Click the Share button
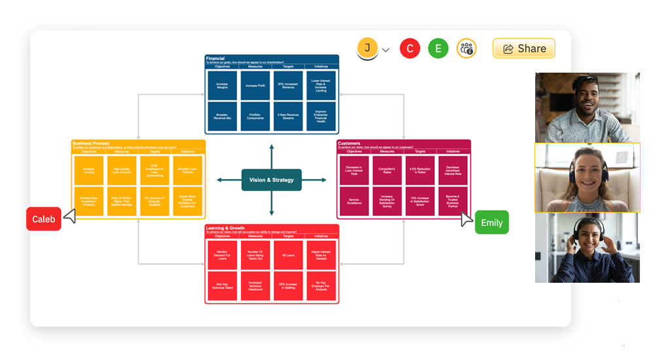coord(523,48)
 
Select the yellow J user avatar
coord(367,48)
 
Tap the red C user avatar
coord(410,48)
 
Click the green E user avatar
coord(438,48)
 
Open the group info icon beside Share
coord(466,48)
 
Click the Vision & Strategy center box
coord(272,180)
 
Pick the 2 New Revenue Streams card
coord(288,116)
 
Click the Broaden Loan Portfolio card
coord(188,170)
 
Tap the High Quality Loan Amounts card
coord(122,170)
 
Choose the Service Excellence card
coord(354,201)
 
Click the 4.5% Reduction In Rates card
coord(420,171)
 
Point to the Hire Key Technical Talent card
coord(222,286)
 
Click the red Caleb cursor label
coord(44,219)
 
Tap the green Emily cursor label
coord(491,223)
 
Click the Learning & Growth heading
coord(225,228)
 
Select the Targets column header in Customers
coord(420,152)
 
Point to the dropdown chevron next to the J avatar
coord(386,50)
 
